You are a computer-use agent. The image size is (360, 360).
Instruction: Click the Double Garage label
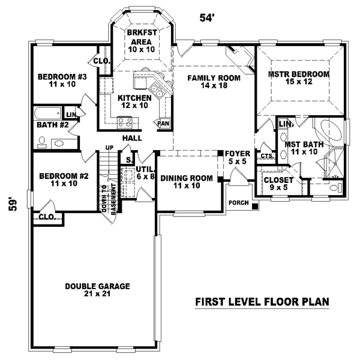coord(97,290)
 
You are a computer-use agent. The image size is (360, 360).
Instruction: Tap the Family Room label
coord(213,82)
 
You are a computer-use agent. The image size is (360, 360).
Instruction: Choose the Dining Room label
coord(186,182)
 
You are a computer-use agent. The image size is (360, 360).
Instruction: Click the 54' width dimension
coord(207,18)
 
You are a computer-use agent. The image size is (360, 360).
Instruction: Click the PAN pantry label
coord(163,123)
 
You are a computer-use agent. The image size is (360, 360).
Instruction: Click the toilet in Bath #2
coord(42,142)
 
